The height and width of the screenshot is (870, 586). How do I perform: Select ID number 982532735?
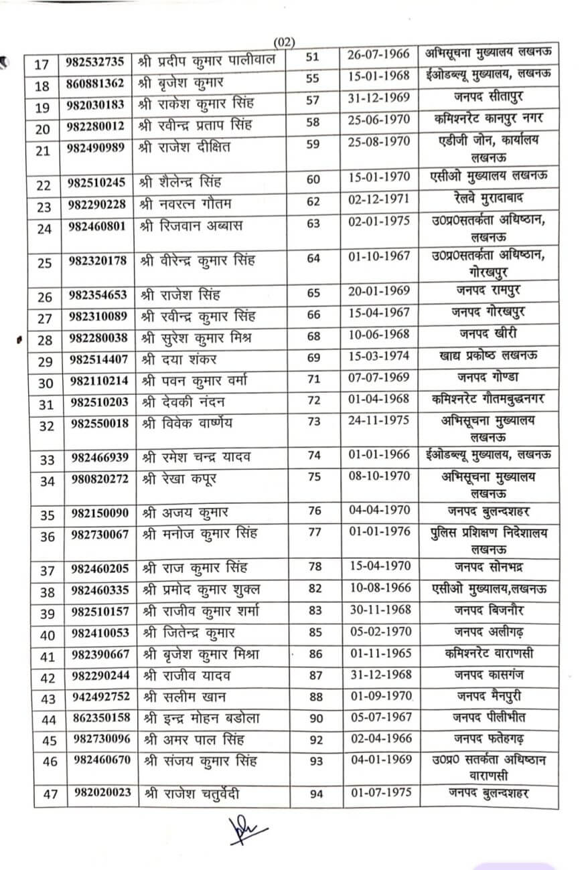pos(95,62)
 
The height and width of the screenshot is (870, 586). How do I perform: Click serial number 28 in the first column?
pos(45,341)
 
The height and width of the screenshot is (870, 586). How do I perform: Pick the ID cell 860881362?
pos(95,84)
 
